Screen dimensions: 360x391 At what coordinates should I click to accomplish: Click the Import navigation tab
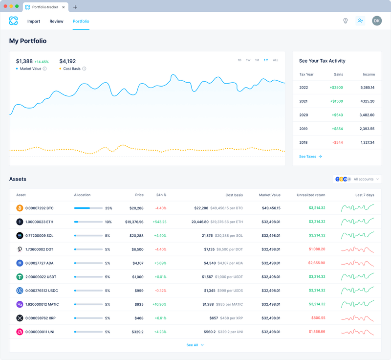coord(34,21)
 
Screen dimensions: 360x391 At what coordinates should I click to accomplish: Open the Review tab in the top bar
coord(56,21)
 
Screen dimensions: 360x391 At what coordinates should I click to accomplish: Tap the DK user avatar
coord(376,21)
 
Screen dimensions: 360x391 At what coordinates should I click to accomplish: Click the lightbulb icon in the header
coord(345,21)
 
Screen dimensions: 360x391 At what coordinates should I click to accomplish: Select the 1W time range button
coord(248,60)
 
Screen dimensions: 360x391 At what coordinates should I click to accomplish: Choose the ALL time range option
coord(276,60)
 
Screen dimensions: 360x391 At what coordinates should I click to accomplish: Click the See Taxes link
coord(310,157)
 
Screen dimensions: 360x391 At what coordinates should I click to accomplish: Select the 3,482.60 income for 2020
coord(367,115)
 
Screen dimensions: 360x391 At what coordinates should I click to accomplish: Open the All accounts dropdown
coord(357,180)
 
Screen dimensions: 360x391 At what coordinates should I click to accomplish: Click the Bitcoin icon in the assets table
coord(20,208)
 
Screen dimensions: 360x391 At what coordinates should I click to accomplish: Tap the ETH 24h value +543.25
coord(159,222)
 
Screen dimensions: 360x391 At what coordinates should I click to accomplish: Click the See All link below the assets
coord(195,345)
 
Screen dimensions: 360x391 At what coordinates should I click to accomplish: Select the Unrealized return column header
coord(311,195)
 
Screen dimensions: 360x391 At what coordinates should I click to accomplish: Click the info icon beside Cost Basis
coord(84,68)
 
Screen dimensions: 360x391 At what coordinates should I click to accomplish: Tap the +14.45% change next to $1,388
coord(42,62)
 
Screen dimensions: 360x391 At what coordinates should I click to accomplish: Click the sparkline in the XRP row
coord(358,318)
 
